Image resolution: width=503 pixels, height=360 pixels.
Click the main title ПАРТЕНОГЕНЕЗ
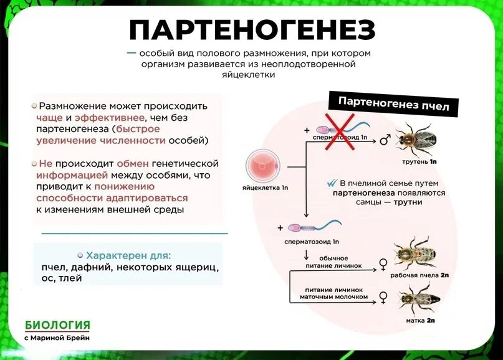pos(252,30)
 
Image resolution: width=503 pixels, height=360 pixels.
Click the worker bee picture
pos(414,251)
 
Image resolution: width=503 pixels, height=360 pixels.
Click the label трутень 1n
pos(420,161)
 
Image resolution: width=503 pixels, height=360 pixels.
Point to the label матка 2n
pos(421,321)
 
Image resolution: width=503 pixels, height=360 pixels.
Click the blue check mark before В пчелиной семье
pos(331,184)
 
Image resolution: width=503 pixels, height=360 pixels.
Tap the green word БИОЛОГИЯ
pos(57,325)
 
